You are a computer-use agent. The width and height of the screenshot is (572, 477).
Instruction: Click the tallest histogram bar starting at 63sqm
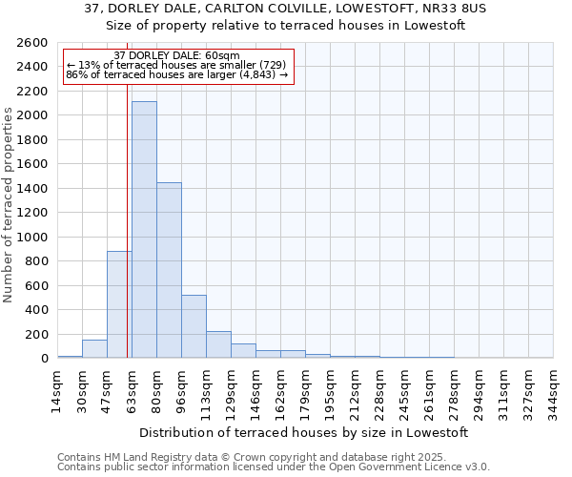tap(144, 229)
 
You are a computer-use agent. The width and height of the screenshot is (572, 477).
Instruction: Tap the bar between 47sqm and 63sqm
tap(119, 304)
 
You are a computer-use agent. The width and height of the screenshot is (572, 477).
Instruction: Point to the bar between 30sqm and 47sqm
tap(94, 349)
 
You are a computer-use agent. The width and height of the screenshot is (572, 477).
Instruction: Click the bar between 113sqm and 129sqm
tap(218, 344)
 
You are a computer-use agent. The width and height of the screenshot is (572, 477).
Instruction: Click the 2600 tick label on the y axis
tap(31, 43)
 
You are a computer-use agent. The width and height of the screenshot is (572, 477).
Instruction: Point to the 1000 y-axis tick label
tap(31, 238)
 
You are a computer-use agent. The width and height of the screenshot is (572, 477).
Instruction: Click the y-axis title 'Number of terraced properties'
tap(10, 205)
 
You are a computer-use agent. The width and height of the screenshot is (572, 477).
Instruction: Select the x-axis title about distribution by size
tap(304, 432)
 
